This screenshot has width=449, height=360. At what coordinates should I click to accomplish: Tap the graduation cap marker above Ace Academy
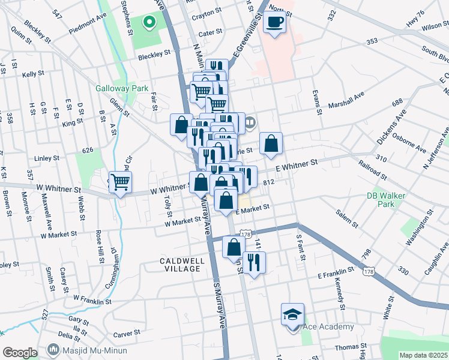pyautogui.click(x=293, y=315)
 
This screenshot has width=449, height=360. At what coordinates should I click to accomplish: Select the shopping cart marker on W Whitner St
pyautogui.click(x=121, y=183)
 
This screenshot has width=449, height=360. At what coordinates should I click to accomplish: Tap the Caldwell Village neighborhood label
pyautogui.click(x=182, y=265)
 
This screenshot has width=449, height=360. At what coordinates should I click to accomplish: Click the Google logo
pyautogui.click(x=20, y=353)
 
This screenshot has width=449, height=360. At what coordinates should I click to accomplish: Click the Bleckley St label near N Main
pyautogui.click(x=154, y=55)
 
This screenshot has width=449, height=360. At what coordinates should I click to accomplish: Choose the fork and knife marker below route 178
pyautogui.click(x=254, y=262)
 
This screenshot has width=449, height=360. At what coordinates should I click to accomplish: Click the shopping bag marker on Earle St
pyautogui.click(x=271, y=143)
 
